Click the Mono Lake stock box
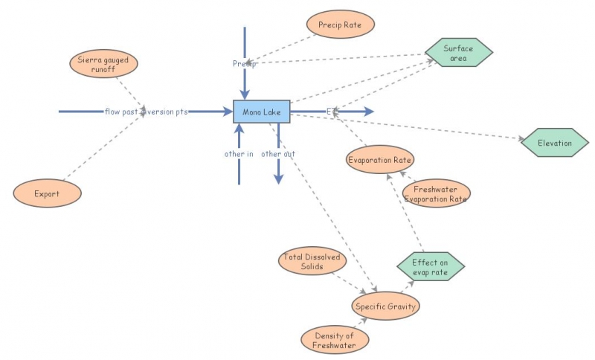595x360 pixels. [261, 112]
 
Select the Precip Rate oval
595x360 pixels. [340, 24]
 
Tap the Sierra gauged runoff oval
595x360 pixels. [103, 63]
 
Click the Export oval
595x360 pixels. [47, 194]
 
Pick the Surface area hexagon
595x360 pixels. [459, 53]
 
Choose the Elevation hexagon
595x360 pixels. [556, 143]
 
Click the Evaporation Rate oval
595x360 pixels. [380, 160]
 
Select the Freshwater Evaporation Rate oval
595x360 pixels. [436, 194]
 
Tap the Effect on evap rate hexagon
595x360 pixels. [430, 267]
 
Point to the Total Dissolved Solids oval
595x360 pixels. [312, 262]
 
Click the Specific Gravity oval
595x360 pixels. [385, 306]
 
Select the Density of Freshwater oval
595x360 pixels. [335, 340]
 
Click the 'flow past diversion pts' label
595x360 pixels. [146, 112]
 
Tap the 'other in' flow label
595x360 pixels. [239, 154]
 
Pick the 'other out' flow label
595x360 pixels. [277, 154]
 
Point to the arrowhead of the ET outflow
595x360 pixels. [369, 112]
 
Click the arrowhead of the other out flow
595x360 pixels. [278, 179]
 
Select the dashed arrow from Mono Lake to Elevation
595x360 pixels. [416, 127]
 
